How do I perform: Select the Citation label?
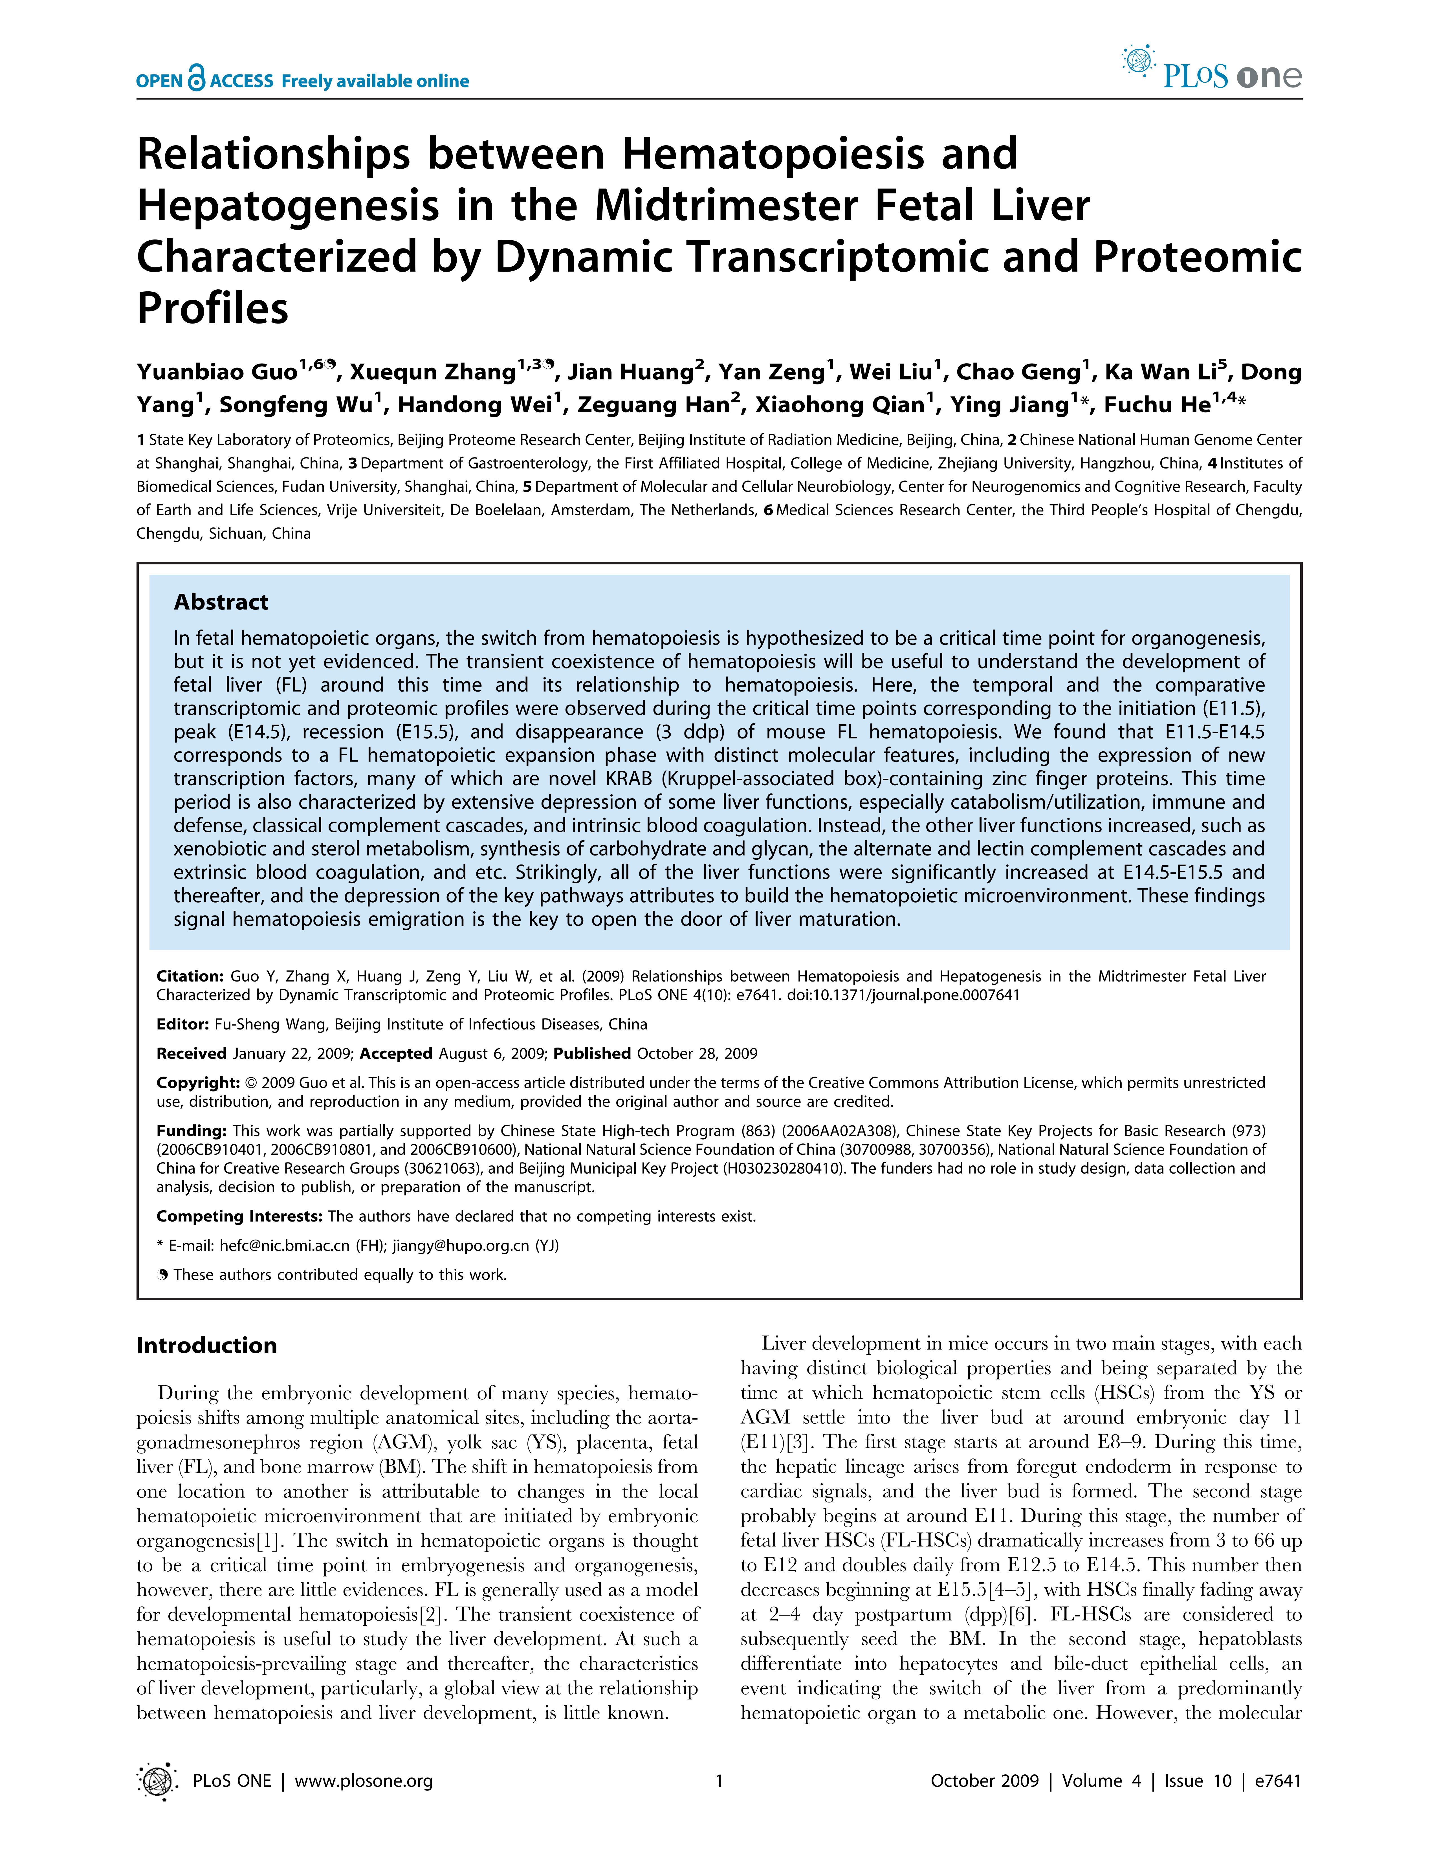[190, 976]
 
